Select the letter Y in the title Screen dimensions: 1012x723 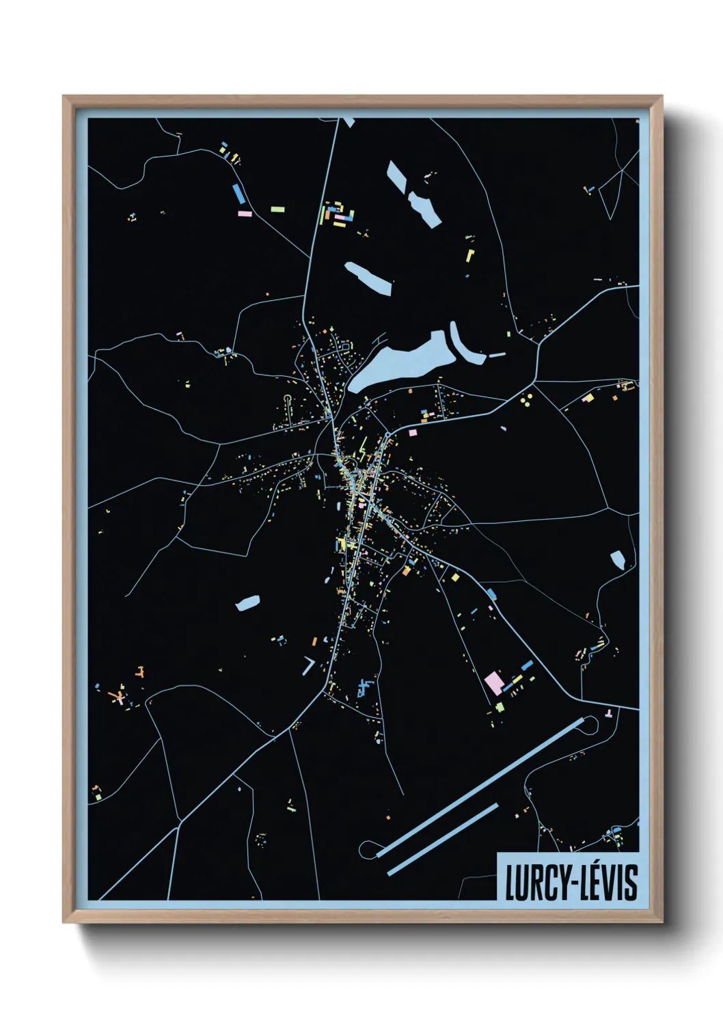tap(563, 882)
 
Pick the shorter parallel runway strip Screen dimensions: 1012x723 tap(443, 838)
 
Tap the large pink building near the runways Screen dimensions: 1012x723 tap(493, 682)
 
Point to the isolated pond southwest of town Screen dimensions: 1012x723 tap(248, 602)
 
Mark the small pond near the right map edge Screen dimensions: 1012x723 tap(617, 559)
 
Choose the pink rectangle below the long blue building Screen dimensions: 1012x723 tap(244, 213)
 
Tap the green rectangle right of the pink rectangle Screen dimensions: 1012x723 tap(277, 209)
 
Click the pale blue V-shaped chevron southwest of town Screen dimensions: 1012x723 tap(309, 665)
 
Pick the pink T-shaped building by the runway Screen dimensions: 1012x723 tap(608, 715)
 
